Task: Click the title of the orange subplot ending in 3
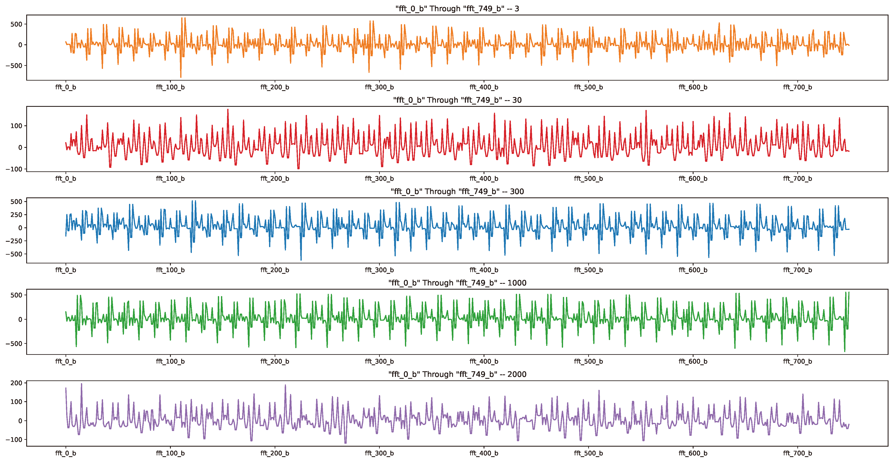tap(457, 9)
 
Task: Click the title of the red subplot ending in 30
tap(457, 100)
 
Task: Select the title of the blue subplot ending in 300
tap(457, 192)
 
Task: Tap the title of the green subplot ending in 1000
tap(457, 283)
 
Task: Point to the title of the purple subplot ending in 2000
tap(457, 374)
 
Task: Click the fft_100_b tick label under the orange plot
tap(170, 87)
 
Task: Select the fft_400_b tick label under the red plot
tap(484, 179)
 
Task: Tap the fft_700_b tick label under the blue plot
tap(797, 270)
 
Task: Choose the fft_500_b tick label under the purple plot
tap(588, 453)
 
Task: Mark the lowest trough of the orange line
tap(181, 77)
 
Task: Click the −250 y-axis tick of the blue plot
tap(14, 241)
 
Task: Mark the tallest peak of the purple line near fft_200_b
tap(285, 385)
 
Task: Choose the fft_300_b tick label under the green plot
tap(379, 361)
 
